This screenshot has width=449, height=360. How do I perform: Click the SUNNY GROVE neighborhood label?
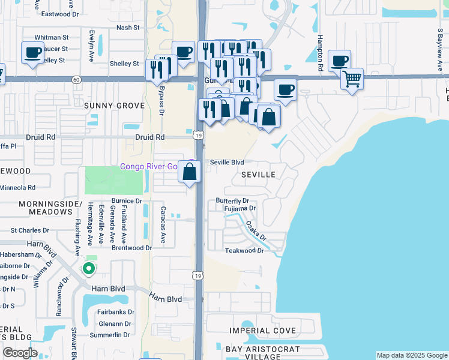[114, 106]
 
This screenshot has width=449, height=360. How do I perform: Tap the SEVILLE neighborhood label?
[258, 175]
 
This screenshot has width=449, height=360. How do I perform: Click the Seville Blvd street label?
[227, 162]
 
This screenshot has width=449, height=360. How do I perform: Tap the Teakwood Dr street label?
[244, 251]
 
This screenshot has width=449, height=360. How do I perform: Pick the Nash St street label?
[128, 28]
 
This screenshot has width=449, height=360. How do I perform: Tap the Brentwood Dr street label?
[131, 248]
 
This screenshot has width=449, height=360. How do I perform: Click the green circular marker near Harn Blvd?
[89, 269]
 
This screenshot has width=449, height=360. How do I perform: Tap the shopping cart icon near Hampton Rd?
[352, 79]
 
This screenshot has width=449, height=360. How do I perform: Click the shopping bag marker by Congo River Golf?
[190, 172]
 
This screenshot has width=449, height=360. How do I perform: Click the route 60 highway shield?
[76, 79]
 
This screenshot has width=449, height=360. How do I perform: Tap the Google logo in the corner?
[20, 353]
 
